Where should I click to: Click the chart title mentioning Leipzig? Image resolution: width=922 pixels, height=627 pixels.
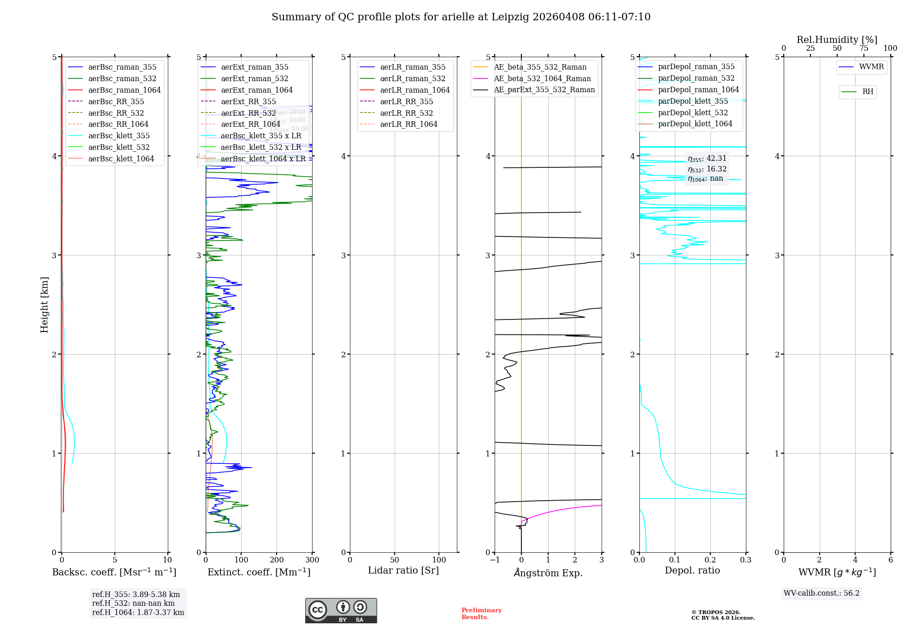pyautogui.click(x=461, y=17)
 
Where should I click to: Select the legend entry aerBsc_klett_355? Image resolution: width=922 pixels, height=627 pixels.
pyautogui.click(x=119, y=136)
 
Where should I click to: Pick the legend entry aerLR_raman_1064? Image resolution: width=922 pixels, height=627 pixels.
pyautogui.click(x=415, y=90)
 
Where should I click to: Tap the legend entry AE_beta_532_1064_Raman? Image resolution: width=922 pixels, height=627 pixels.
pyautogui.click(x=542, y=78)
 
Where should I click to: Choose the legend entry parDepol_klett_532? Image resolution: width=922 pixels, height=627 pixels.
pyautogui.click(x=693, y=112)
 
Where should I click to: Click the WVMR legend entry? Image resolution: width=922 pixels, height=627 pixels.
pyautogui.click(x=871, y=67)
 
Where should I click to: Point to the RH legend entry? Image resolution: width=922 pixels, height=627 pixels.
pyautogui.click(x=868, y=92)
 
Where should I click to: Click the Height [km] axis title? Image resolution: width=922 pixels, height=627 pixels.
pyautogui.click(x=44, y=304)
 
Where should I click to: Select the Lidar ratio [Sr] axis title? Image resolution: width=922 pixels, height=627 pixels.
pyautogui.click(x=403, y=570)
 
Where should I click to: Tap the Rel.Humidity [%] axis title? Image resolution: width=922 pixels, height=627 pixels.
pyautogui.click(x=837, y=40)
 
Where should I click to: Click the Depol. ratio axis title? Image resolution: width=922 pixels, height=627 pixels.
pyautogui.click(x=692, y=570)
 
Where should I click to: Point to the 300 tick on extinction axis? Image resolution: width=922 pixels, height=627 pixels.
pyautogui.click(x=312, y=560)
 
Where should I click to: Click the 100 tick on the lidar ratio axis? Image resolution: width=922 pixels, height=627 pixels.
pyautogui.click(x=439, y=560)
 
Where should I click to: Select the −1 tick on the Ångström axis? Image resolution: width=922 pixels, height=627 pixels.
pyautogui.click(x=495, y=560)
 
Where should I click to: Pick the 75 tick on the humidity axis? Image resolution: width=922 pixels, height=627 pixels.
pyautogui.click(x=863, y=48)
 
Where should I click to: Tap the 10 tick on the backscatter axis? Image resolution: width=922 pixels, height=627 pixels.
pyautogui.click(x=167, y=560)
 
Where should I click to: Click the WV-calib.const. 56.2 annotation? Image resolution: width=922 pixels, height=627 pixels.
pyautogui.click(x=822, y=593)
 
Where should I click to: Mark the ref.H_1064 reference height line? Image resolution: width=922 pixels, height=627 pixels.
pyautogui.click(x=138, y=613)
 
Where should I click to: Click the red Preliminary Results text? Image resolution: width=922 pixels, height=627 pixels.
pyautogui.click(x=481, y=614)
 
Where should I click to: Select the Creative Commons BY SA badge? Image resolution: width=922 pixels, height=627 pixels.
pyautogui.click(x=341, y=611)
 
